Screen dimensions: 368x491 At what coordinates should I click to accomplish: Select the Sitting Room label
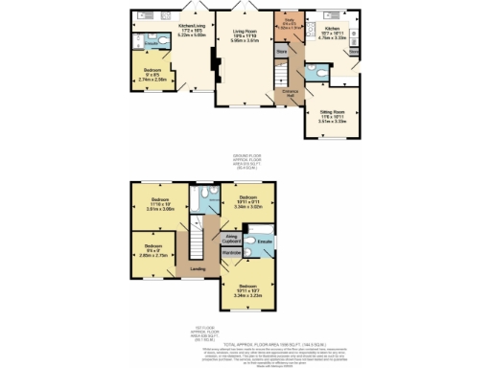332,112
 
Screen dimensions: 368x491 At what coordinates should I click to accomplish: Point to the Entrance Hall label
289,93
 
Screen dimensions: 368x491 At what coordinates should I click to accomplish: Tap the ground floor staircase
282,72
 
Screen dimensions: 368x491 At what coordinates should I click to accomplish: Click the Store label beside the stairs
282,50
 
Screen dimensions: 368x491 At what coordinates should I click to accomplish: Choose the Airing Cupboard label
231,236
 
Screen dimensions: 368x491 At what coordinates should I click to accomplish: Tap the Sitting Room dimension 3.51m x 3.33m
332,123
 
